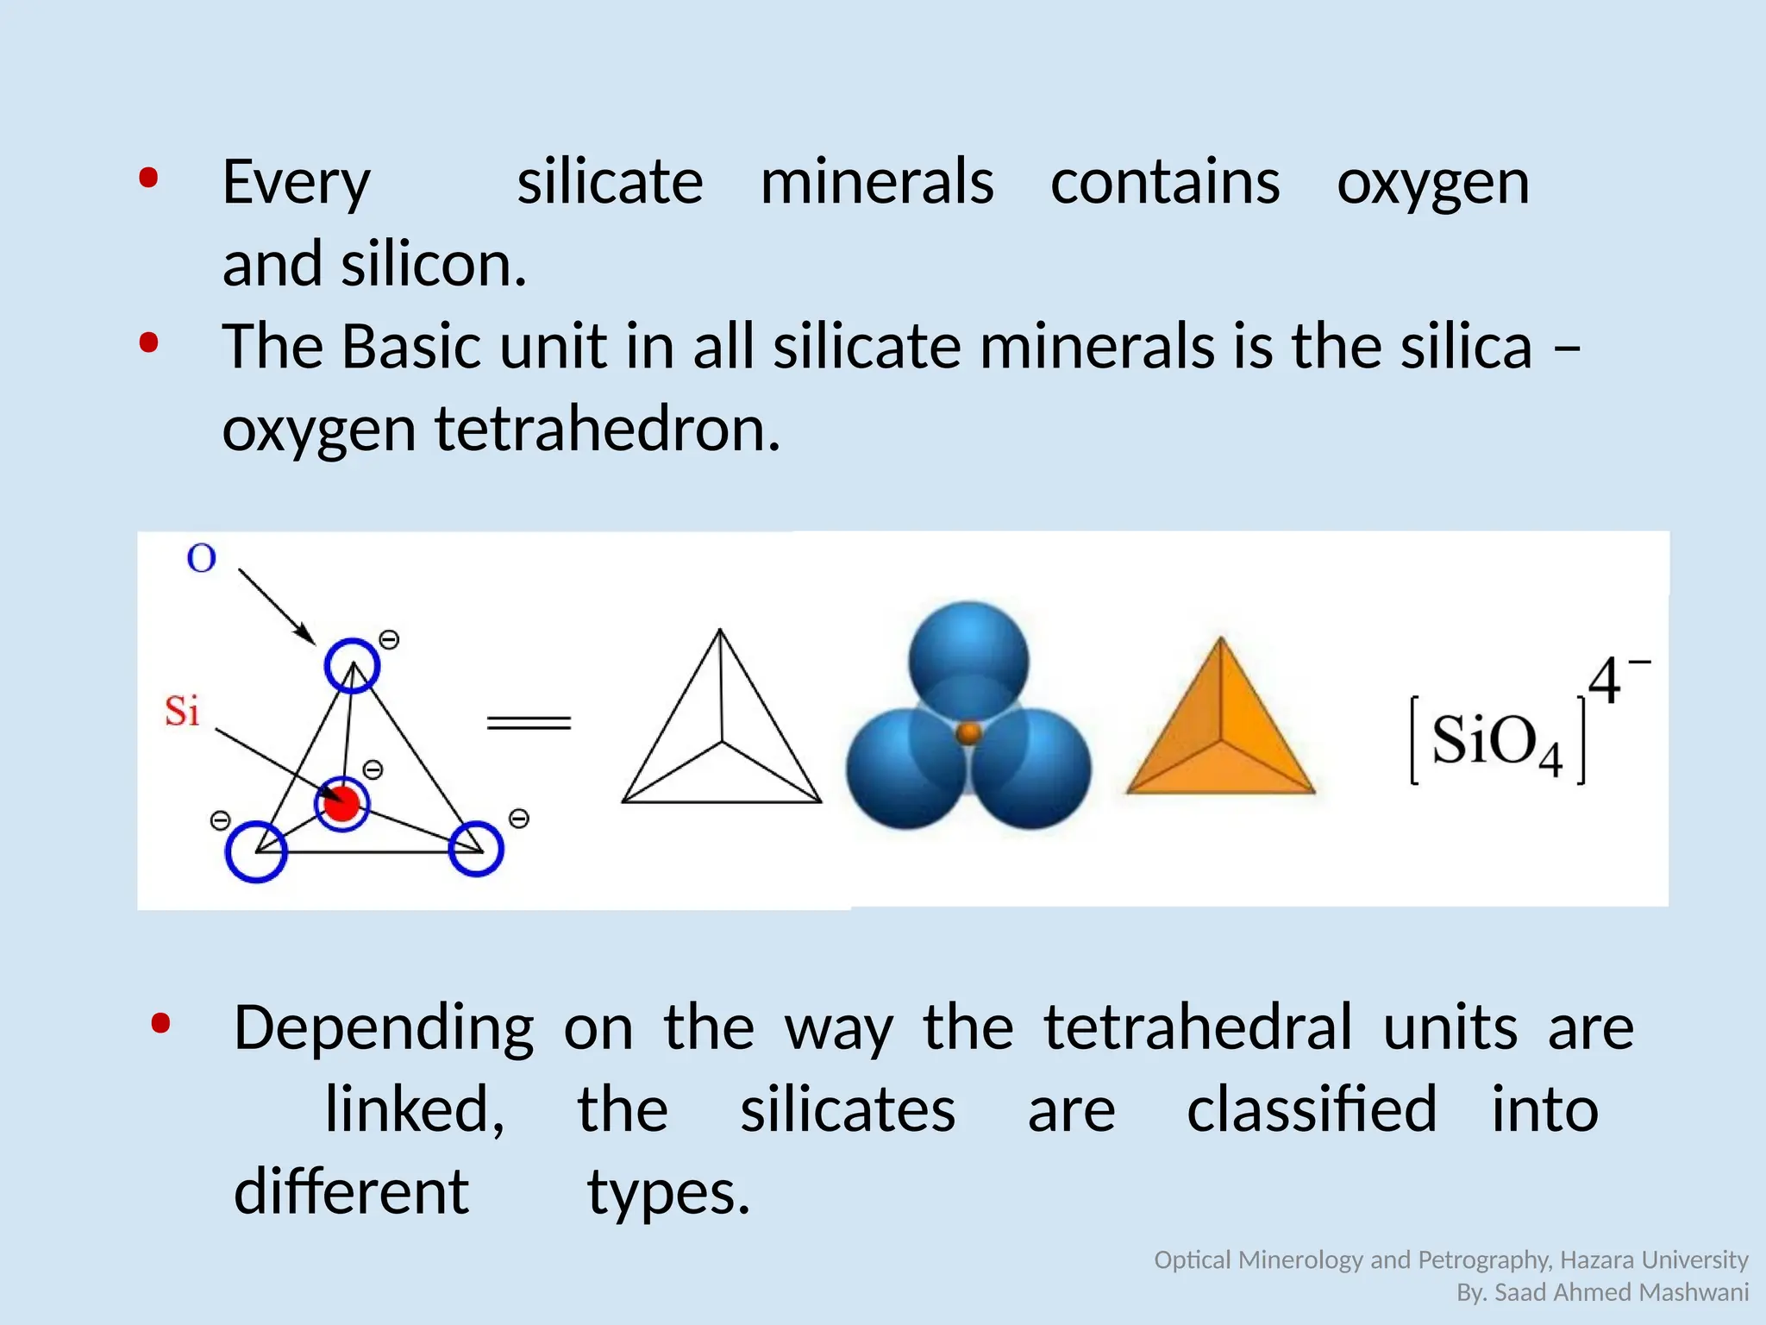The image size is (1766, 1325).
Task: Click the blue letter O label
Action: click(201, 559)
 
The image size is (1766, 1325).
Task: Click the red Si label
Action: click(182, 712)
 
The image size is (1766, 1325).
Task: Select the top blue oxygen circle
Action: click(352, 666)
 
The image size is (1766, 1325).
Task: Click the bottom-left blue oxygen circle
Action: click(255, 851)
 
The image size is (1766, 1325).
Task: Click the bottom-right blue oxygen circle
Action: click(476, 849)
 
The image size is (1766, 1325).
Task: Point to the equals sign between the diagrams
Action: click(529, 722)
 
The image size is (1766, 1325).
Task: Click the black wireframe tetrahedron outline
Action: click(721, 725)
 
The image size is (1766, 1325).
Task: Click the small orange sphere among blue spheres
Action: click(969, 733)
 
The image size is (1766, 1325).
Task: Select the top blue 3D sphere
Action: click(968, 656)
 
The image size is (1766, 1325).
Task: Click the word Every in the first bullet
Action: click(296, 183)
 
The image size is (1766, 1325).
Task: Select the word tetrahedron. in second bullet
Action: click(607, 429)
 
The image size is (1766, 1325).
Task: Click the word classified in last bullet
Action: click(1311, 1109)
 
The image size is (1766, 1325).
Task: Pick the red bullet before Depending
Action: click(160, 1024)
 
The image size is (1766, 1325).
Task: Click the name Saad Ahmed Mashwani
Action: click(1620, 1292)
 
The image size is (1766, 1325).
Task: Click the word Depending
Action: click(384, 1028)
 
